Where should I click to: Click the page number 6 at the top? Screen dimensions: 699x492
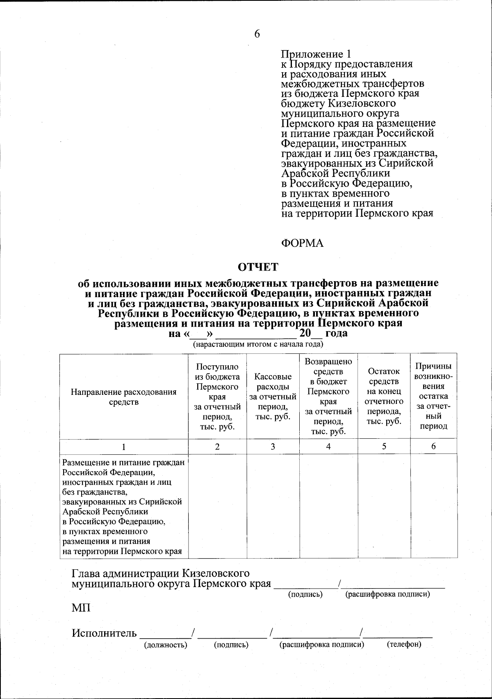(257, 34)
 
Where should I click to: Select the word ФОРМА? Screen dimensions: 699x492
(302, 243)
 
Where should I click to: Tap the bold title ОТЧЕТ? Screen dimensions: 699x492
(259, 267)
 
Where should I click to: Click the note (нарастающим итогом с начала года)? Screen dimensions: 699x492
(259, 344)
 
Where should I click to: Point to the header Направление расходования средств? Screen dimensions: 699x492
(124, 396)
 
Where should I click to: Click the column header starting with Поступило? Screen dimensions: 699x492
(217, 396)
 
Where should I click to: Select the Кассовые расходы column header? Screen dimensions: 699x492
(273, 396)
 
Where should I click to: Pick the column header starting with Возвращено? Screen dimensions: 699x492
(328, 396)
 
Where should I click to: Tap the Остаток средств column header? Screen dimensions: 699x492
(384, 396)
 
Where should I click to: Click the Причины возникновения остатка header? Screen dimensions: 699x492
(433, 396)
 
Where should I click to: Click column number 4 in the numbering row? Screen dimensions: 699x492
(328, 447)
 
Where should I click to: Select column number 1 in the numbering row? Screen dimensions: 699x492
(124, 447)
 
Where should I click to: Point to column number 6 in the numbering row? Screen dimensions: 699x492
(433, 447)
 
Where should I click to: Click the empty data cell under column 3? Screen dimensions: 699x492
(273, 506)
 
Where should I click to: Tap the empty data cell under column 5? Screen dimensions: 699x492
(384, 506)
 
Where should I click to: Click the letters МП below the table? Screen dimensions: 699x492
(81, 608)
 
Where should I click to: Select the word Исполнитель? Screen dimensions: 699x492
(105, 633)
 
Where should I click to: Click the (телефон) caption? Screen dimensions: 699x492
(404, 645)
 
